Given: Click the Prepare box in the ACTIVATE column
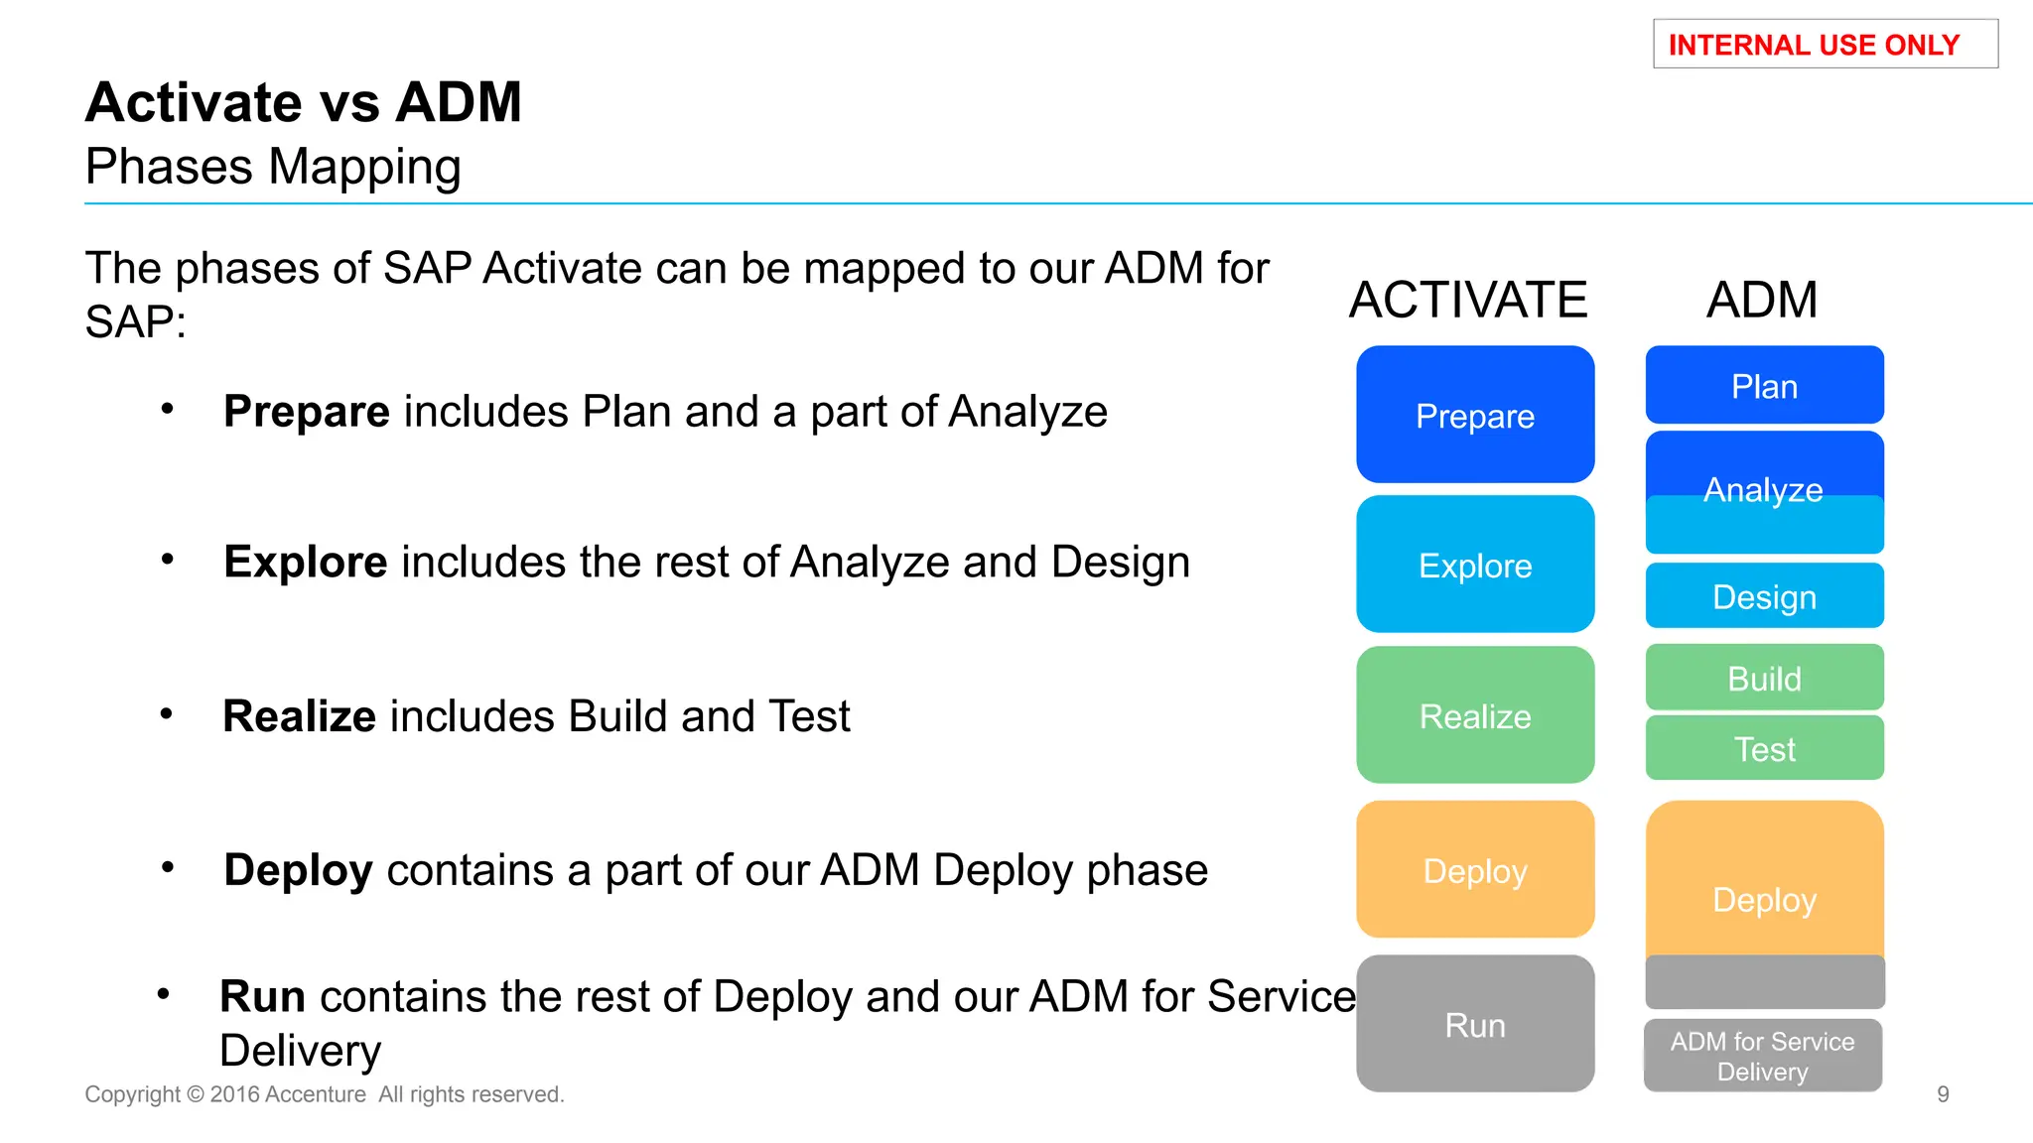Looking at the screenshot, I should (1475, 415).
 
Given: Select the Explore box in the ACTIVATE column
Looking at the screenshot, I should (1475, 565).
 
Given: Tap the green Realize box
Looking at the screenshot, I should (1475, 715).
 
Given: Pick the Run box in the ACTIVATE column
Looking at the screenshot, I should (1475, 1024).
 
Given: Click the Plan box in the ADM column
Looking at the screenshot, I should (1764, 386).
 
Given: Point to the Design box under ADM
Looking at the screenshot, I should (1764, 596).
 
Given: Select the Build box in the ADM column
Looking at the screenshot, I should (1764, 678).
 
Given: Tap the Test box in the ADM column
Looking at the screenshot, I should (1764, 748).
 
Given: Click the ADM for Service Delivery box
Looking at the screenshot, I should (1762, 1056).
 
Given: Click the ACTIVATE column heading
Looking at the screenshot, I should (1468, 300).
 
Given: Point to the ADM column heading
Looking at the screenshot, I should (1762, 300).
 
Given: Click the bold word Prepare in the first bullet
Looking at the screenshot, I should (307, 412).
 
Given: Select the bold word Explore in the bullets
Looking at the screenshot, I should (306, 563).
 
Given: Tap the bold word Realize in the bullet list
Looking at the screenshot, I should (300, 716).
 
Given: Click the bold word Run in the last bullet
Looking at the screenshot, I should (262, 996).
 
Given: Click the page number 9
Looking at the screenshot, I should (1943, 1094).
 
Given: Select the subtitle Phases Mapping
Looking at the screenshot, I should (273, 167).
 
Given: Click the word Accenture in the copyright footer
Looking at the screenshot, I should (316, 1094).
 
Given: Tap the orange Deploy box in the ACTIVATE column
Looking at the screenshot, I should (1475, 870).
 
